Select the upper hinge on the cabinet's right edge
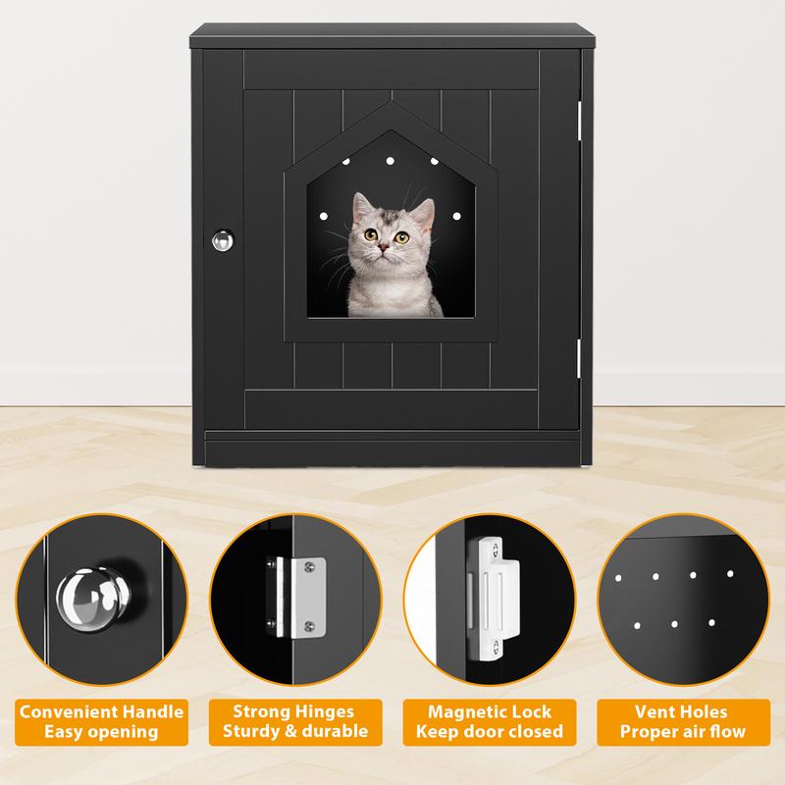coord(580,117)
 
